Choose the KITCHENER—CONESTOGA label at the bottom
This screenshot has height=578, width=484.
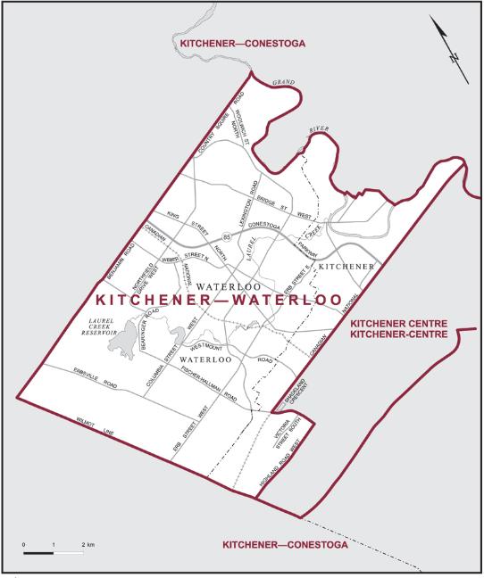click(x=277, y=542)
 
